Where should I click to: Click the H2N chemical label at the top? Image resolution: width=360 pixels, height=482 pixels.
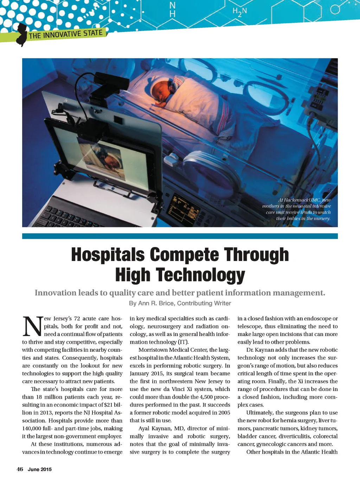(x=240, y=12)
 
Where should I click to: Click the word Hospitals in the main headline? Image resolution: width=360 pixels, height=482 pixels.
(x=108, y=255)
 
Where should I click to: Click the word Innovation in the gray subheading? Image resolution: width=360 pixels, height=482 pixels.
(x=56, y=293)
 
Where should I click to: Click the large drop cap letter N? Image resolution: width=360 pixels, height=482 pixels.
(x=32, y=326)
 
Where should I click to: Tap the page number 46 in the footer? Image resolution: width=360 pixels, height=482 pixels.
(x=20, y=469)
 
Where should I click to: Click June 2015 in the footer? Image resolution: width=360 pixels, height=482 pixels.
(x=40, y=469)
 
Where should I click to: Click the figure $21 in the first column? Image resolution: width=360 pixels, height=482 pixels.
(x=108, y=405)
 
